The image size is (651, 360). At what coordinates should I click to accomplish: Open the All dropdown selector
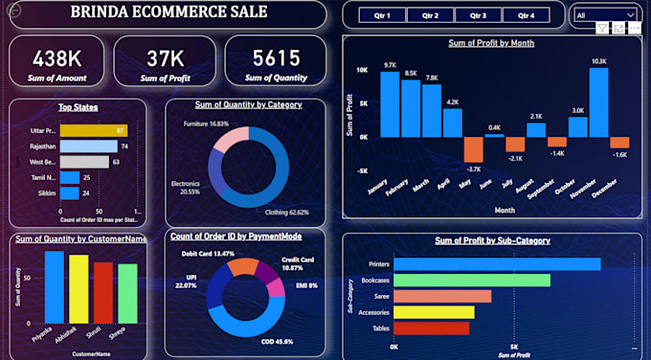(x=605, y=15)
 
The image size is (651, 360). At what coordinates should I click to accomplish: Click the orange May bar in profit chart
(x=473, y=149)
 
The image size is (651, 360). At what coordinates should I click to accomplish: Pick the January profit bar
(x=390, y=104)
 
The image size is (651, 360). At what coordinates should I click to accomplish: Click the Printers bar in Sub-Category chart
(x=497, y=263)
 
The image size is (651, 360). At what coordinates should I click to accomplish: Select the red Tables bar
(x=431, y=328)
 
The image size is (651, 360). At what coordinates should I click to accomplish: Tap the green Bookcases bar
(x=472, y=280)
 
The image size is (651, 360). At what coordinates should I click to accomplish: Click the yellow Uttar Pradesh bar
(x=93, y=129)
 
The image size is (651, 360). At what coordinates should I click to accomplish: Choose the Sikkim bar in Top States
(x=70, y=192)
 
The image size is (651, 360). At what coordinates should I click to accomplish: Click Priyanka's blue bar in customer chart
(x=55, y=286)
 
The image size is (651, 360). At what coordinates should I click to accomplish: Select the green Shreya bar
(x=127, y=293)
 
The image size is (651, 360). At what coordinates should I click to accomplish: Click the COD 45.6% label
(x=278, y=341)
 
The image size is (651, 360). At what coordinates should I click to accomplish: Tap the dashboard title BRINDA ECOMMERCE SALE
(x=169, y=12)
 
